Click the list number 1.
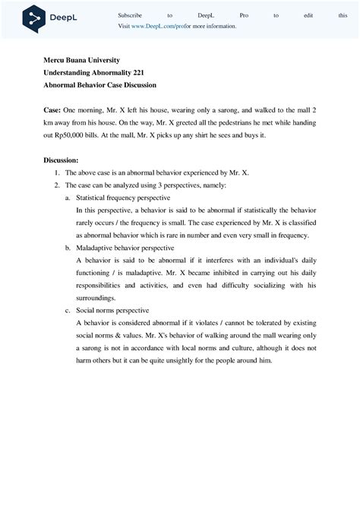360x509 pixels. coord(56,172)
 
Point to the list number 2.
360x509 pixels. coord(56,185)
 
